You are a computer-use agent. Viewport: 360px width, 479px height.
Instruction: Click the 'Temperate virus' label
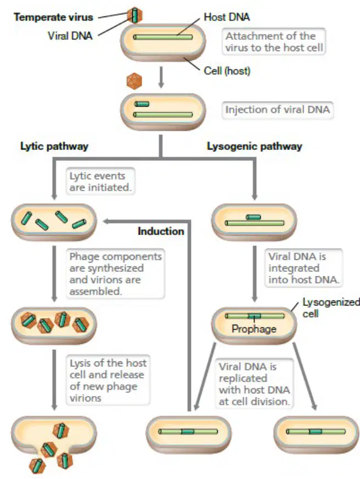(53, 17)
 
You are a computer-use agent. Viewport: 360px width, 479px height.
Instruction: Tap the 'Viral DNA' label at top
(70, 36)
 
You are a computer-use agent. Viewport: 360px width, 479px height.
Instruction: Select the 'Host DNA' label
(227, 17)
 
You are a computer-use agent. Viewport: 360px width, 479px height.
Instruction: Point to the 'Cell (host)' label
(227, 71)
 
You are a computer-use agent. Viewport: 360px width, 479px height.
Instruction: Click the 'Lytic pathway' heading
(54, 146)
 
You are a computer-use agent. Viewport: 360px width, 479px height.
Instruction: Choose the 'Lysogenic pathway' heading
(255, 146)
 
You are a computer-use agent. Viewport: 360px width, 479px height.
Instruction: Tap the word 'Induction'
(161, 231)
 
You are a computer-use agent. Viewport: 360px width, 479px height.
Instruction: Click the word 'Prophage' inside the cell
(254, 328)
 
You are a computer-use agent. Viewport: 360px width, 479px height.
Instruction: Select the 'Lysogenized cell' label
(331, 308)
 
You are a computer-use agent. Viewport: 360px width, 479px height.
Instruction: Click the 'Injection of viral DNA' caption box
(278, 110)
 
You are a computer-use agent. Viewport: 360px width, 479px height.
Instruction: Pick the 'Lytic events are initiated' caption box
(100, 181)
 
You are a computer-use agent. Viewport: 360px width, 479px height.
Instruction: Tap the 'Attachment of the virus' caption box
(274, 42)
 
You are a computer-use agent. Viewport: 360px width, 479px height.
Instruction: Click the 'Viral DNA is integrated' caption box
(303, 268)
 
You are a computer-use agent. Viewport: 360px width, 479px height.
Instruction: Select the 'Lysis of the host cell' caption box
(108, 380)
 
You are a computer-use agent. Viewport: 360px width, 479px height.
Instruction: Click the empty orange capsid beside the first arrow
(134, 81)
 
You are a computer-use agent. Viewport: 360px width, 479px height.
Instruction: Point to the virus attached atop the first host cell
(134, 15)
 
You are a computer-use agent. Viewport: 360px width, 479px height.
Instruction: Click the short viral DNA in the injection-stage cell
(142, 104)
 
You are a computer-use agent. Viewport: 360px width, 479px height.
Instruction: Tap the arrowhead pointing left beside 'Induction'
(106, 221)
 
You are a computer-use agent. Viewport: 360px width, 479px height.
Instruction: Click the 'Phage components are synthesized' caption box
(115, 274)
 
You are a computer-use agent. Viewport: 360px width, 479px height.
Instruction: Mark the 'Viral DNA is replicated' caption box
(255, 383)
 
